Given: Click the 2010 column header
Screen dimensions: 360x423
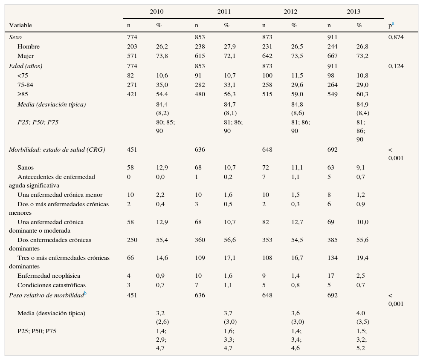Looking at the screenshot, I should (x=156, y=12).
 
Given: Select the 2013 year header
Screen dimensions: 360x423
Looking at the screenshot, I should (x=353, y=12).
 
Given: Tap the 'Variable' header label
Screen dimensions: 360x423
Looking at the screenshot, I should (x=20, y=25).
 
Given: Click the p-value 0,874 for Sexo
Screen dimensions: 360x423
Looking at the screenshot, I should (x=396, y=37).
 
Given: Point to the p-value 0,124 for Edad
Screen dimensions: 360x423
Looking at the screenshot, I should (x=396, y=66).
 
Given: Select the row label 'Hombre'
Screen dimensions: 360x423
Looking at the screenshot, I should (x=29, y=46).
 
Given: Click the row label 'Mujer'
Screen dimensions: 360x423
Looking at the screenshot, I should (x=26, y=56).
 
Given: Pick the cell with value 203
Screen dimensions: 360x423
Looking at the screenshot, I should (x=132, y=46).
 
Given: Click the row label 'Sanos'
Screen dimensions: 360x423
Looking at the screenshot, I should (x=26, y=167).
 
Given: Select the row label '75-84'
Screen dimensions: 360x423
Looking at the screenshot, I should (x=25, y=85).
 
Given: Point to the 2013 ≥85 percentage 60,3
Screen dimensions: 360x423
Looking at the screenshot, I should (x=362, y=94).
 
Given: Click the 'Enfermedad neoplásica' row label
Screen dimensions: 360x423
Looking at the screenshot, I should (x=49, y=276).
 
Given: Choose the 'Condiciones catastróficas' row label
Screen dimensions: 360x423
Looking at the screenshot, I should (x=52, y=285).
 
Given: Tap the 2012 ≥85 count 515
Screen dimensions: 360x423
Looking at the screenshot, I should (x=267, y=94).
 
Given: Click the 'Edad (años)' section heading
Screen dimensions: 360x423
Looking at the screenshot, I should (x=26, y=66).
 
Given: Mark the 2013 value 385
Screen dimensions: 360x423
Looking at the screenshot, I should (x=333, y=240).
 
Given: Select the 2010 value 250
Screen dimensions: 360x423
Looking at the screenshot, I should (x=132, y=240).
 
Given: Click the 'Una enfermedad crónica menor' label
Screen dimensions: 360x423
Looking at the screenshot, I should (x=60, y=195).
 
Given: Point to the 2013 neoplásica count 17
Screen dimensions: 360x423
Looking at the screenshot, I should (x=331, y=276).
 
